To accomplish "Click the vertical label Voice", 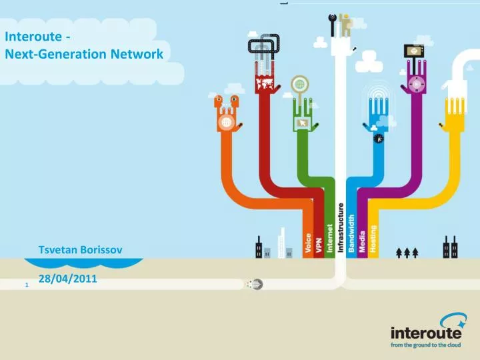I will [x=308, y=243].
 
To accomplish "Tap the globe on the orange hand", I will [x=226, y=123].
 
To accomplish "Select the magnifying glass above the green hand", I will [x=300, y=85].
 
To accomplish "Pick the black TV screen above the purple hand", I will [x=414, y=51].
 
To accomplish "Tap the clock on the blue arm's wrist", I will [x=378, y=139].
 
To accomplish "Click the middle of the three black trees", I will [x=407, y=253].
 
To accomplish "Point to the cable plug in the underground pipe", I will [x=255, y=285].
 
